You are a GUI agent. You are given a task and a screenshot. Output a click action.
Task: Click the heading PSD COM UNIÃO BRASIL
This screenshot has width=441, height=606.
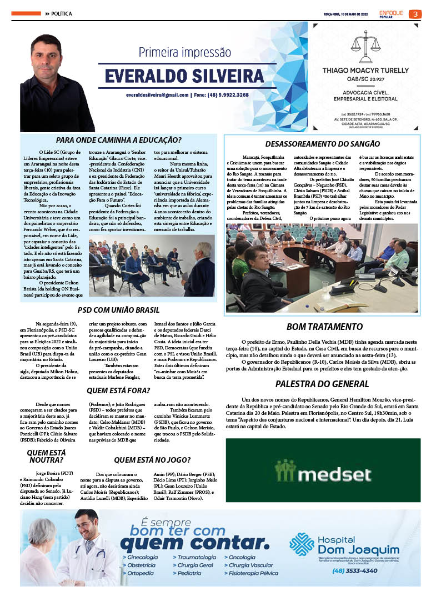(x=118, y=310)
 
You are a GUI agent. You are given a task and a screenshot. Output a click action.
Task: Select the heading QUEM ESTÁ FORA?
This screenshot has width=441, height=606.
(x=118, y=390)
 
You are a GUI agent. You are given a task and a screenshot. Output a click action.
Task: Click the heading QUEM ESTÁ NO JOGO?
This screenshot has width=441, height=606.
(x=152, y=460)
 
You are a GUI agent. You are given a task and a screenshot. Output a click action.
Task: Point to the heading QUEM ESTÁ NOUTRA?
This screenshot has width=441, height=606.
(x=46, y=457)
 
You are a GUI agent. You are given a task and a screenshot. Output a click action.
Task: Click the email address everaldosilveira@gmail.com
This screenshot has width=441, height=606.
(x=157, y=95)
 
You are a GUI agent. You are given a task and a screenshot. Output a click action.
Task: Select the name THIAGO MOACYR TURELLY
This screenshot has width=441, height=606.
(x=367, y=71)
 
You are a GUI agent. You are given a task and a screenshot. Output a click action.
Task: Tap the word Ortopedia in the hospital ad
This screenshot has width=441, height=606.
(x=141, y=573)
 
